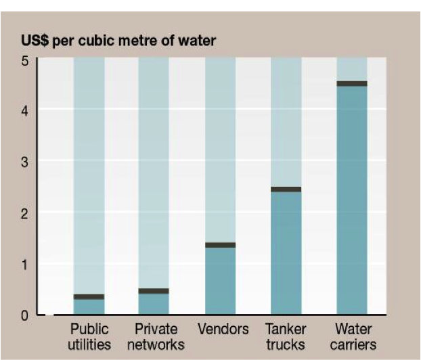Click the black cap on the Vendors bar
click(220, 245)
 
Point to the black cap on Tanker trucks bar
click(286, 189)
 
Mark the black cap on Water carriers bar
click(352, 84)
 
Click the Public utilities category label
click(91, 336)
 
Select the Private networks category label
click(156, 336)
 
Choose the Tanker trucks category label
click(286, 336)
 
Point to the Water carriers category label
click(353, 336)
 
